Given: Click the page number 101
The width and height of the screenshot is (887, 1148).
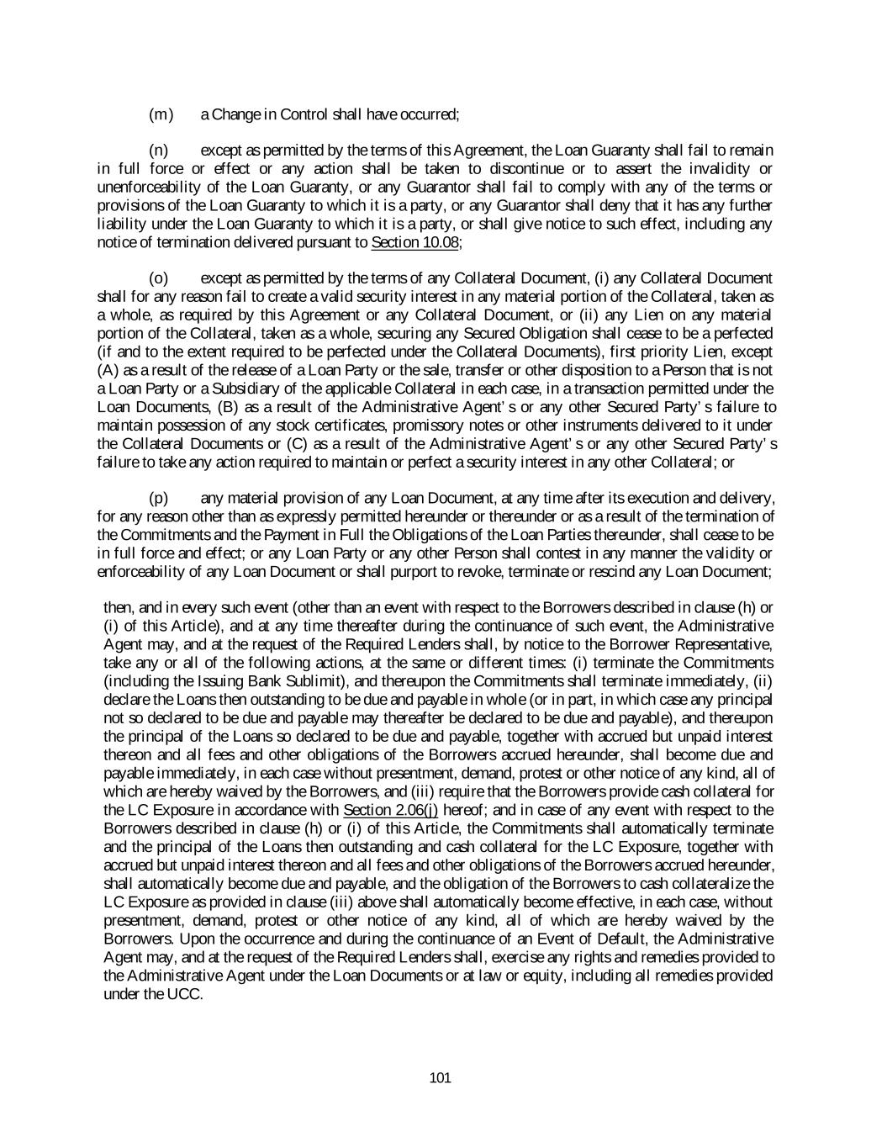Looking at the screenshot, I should pyautogui.click(x=440, y=1078).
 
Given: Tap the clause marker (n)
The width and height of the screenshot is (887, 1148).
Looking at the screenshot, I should pyautogui.click(x=159, y=151).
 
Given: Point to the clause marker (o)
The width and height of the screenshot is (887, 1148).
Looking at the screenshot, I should pyautogui.click(x=159, y=278).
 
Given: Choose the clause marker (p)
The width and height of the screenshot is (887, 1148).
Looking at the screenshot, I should pyautogui.click(x=159, y=498).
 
